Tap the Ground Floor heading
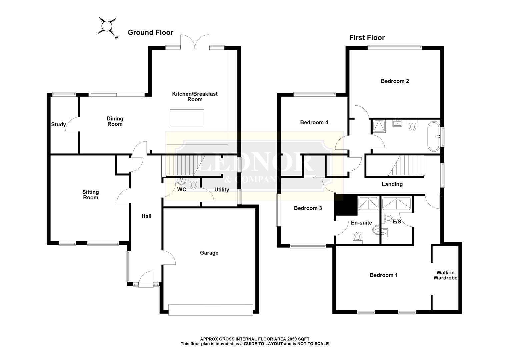pyautogui.click(x=150, y=33)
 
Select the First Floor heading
pyautogui.click(x=367, y=37)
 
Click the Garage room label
pyautogui.click(x=209, y=253)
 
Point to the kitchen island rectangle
pyautogui.click(x=187, y=118)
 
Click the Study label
pyautogui.click(x=58, y=125)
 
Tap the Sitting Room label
pyautogui.click(x=90, y=195)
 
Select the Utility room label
pyautogui.click(x=222, y=190)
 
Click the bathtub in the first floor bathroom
pyautogui.click(x=434, y=136)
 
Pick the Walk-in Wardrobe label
pyautogui.click(x=445, y=275)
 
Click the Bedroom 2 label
pyautogui.click(x=395, y=81)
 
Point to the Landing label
pyautogui.click(x=392, y=184)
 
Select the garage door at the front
pyautogui.click(x=211, y=310)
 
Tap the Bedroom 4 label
pyautogui.click(x=314, y=123)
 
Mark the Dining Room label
pyautogui.click(x=115, y=121)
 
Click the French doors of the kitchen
pyautogui.click(x=195, y=42)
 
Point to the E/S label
pyautogui.click(x=397, y=221)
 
